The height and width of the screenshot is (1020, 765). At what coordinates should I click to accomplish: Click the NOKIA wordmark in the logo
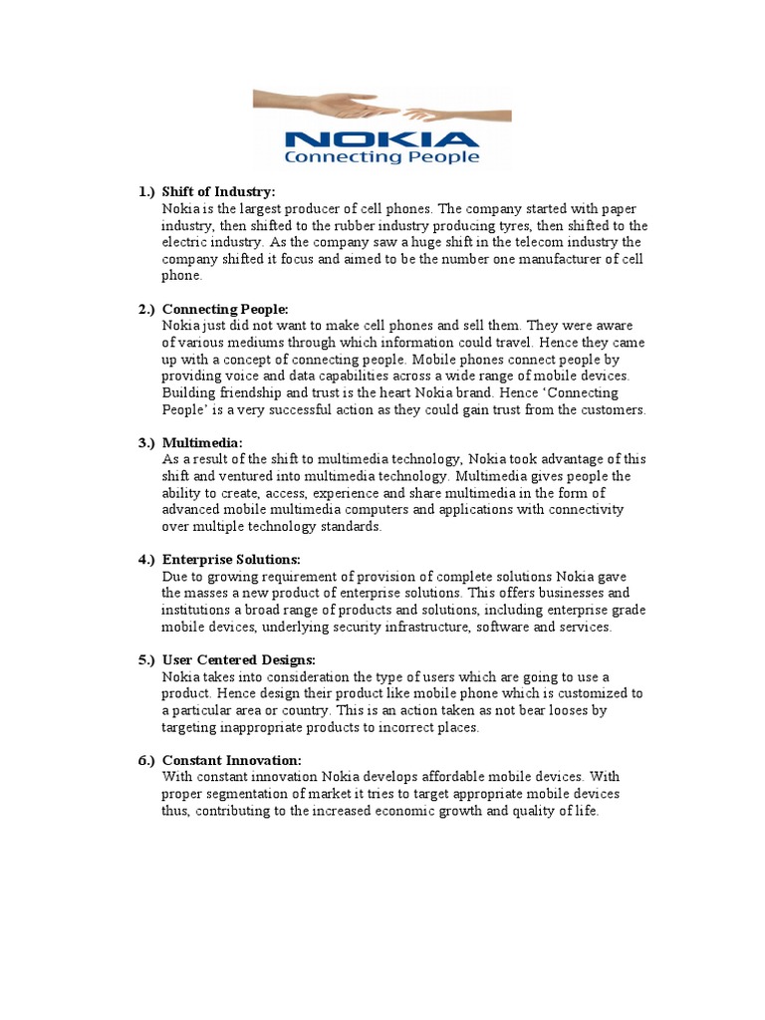tap(382, 138)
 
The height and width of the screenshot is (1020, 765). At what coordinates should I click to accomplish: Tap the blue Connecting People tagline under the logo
tap(382, 157)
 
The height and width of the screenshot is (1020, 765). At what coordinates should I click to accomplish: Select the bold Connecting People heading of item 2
tap(225, 310)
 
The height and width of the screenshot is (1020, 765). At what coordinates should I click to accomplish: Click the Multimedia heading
tap(202, 442)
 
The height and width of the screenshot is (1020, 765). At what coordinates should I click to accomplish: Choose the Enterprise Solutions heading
tap(231, 560)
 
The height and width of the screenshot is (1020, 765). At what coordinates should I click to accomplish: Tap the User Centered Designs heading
tap(239, 660)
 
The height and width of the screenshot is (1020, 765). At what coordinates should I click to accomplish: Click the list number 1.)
tap(147, 191)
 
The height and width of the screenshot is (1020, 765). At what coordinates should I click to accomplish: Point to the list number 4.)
tap(147, 560)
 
